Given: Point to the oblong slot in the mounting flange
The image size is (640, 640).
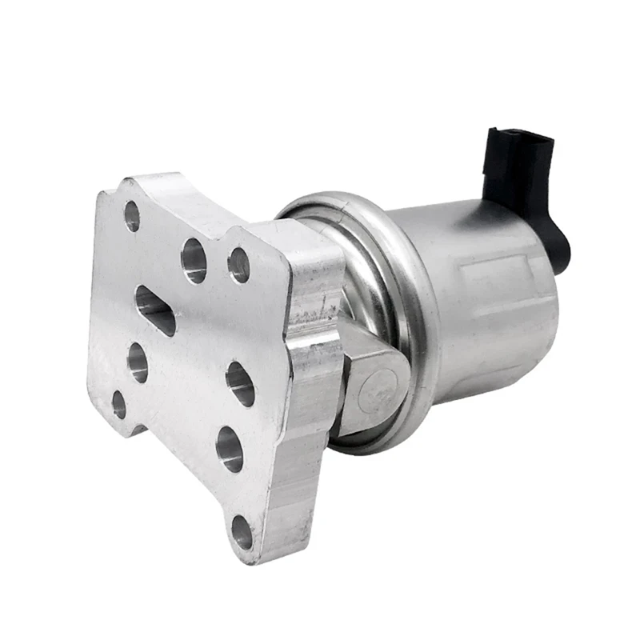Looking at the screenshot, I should [155, 310].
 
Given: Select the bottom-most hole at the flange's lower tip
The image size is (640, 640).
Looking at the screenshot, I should [242, 532].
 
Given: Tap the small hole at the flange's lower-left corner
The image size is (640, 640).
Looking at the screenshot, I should [119, 404].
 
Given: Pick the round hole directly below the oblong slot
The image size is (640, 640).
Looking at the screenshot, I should [138, 362].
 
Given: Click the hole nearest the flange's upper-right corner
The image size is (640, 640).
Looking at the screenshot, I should [238, 265].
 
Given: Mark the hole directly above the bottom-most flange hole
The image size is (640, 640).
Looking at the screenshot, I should [230, 449].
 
